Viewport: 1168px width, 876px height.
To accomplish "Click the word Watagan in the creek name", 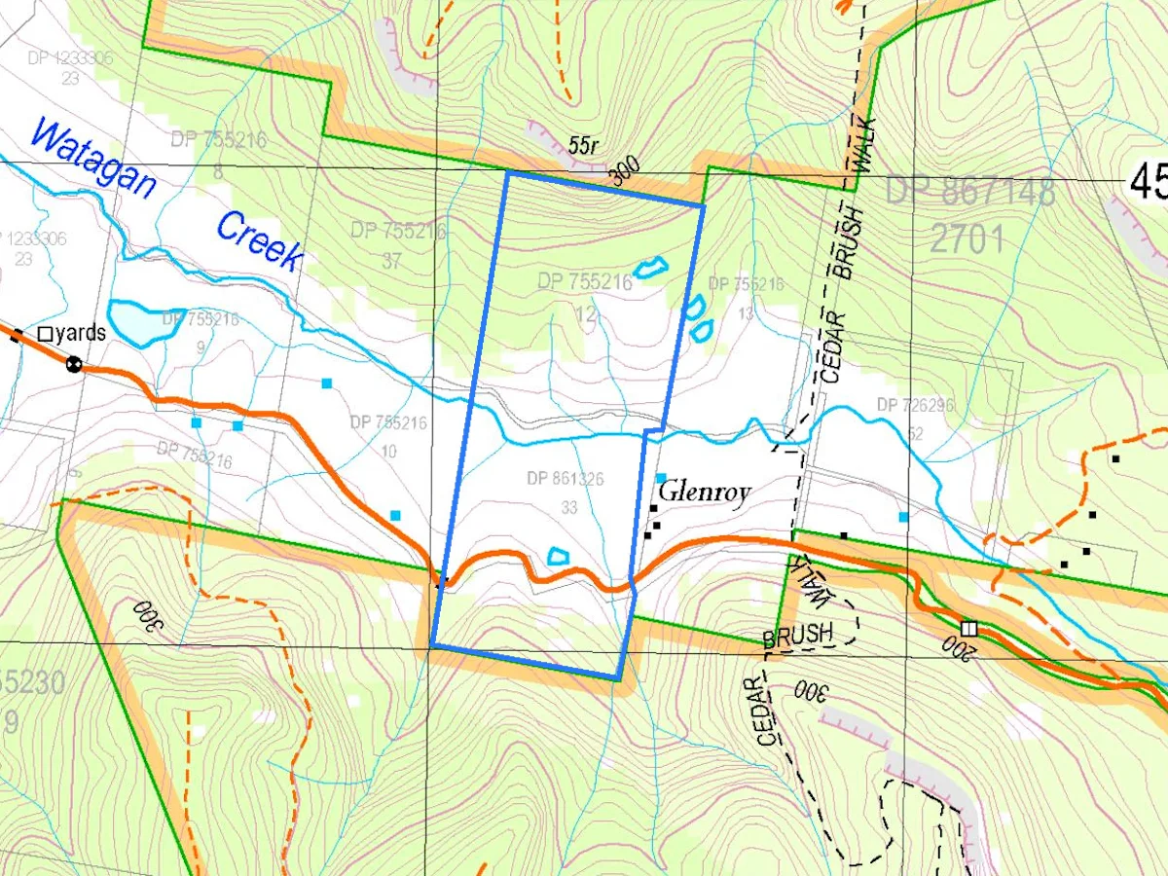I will [92, 158].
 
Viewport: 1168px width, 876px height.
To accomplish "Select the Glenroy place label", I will [705, 493].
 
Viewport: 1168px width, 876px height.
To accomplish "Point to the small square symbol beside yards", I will [45, 334].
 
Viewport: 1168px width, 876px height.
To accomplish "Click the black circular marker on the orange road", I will [73, 365].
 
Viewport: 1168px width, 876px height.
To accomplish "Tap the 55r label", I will [584, 146].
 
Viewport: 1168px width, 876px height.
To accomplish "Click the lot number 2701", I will [967, 237].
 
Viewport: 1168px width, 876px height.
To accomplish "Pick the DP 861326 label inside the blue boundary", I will [566, 479].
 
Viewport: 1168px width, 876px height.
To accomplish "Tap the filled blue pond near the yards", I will [142, 322].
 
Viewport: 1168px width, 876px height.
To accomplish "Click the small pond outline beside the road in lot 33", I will [559, 556].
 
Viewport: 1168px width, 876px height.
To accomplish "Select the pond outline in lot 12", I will [649, 266].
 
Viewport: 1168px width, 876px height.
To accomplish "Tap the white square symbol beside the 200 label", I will [968, 628].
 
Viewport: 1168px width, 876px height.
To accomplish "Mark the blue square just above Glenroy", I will [661, 478].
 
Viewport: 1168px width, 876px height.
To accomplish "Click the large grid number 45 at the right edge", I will [1149, 181].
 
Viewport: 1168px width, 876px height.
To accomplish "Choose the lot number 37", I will [391, 262].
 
